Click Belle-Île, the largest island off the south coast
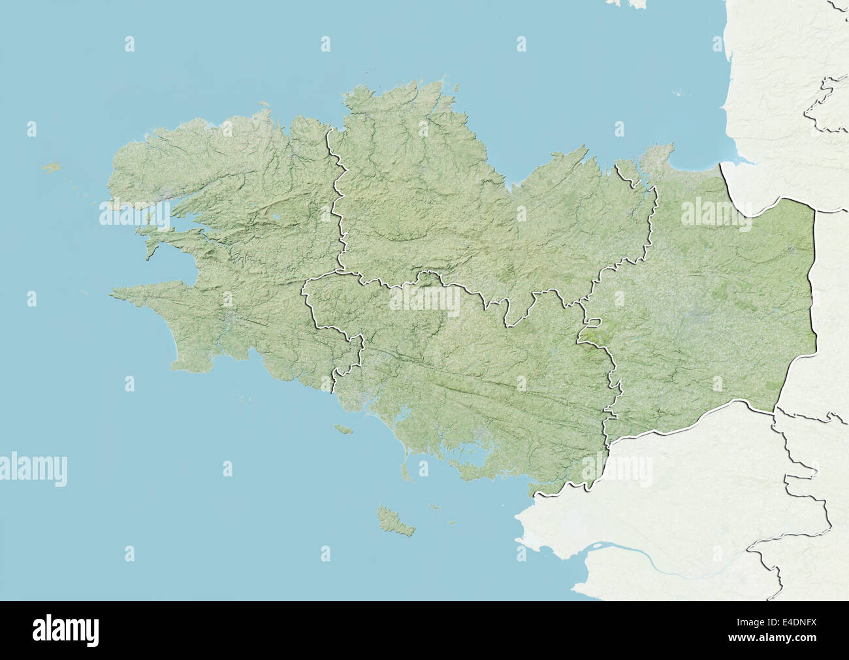pos(396,520)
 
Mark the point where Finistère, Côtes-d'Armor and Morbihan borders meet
pos(340,271)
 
